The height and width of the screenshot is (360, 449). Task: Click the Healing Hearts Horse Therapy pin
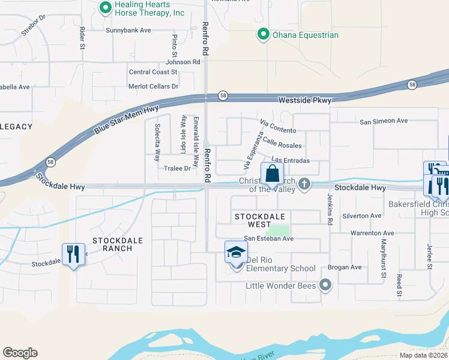click(x=106, y=8)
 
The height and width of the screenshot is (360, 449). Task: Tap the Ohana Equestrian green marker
click(x=262, y=35)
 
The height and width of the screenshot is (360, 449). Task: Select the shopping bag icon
click(x=273, y=175)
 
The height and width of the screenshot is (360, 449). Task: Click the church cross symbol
click(x=304, y=184)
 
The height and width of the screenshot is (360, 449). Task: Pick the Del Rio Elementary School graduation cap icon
click(x=236, y=253)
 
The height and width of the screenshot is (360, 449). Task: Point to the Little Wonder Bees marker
click(x=325, y=286)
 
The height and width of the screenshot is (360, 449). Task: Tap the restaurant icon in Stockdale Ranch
click(x=73, y=254)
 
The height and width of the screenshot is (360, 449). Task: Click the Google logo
click(x=20, y=353)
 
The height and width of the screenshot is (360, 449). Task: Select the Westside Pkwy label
click(x=304, y=100)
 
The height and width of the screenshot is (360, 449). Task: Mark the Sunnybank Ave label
click(x=128, y=30)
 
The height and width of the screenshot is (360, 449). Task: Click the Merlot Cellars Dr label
click(x=154, y=86)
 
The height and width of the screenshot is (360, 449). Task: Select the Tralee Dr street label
click(x=177, y=169)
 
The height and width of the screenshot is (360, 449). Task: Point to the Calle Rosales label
click(x=282, y=142)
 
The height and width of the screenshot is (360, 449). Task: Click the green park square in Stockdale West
click(x=277, y=230)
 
